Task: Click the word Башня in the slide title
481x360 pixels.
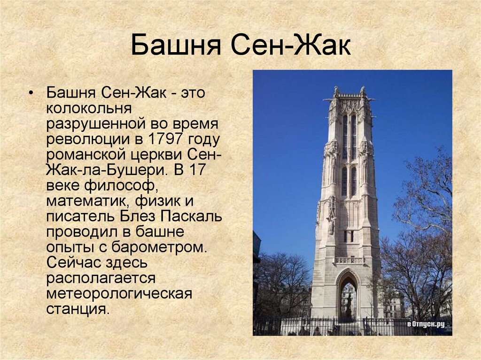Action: [x=176, y=45]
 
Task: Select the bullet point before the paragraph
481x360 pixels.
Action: [x=30, y=93]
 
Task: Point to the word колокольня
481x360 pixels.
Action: [x=89, y=108]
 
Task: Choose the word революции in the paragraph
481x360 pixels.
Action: [x=88, y=139]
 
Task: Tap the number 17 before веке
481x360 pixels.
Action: [x=197, y=169]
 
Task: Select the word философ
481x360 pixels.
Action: [x=118, y=185]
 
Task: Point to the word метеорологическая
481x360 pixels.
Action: [x=119, y=294]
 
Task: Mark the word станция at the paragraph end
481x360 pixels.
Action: [x=78, y=309]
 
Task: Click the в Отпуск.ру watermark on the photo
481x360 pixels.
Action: [x=426, y=324]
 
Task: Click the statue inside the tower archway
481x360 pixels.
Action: [x=349, y=305]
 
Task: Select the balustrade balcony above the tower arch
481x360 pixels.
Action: [x=349, y=260]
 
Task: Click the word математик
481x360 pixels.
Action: [x=88, y=201]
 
